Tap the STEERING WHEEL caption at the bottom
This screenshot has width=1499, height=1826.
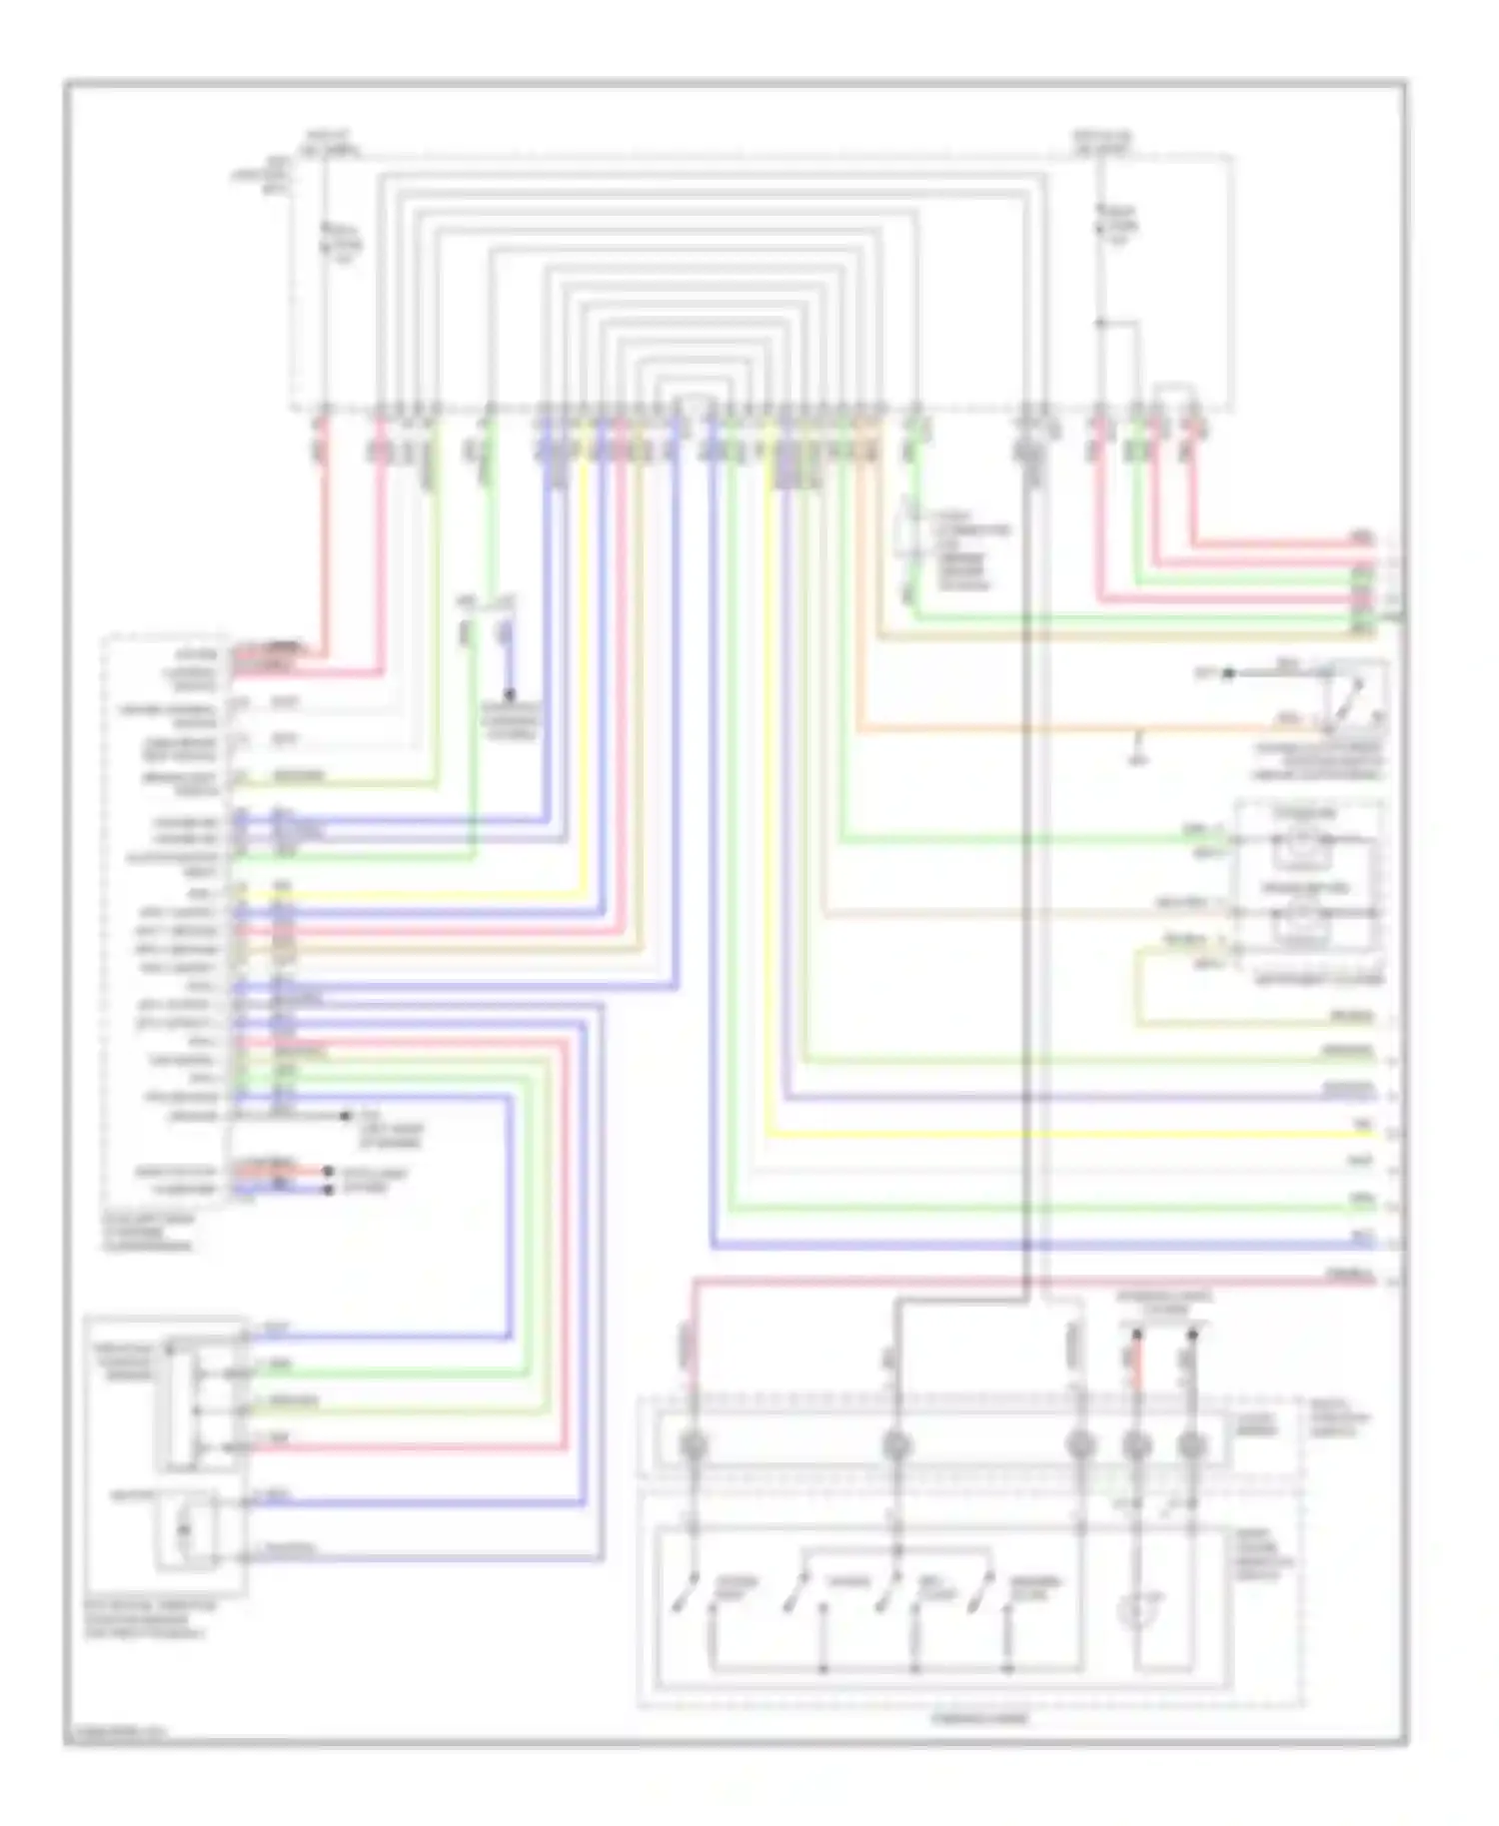pos(978,1719)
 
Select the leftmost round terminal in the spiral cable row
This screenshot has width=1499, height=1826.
pos(692,1445)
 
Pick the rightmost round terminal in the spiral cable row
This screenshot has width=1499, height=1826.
pos(1191,1445)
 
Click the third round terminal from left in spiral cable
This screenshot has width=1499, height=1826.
pos(1079,1445)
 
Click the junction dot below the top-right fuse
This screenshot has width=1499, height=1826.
pos(1099,323)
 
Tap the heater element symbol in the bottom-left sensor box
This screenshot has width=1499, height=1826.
pos(184,1529)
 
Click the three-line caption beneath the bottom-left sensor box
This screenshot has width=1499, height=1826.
pos(146,1619)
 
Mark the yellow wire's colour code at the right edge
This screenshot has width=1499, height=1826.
pos(1363,1125)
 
